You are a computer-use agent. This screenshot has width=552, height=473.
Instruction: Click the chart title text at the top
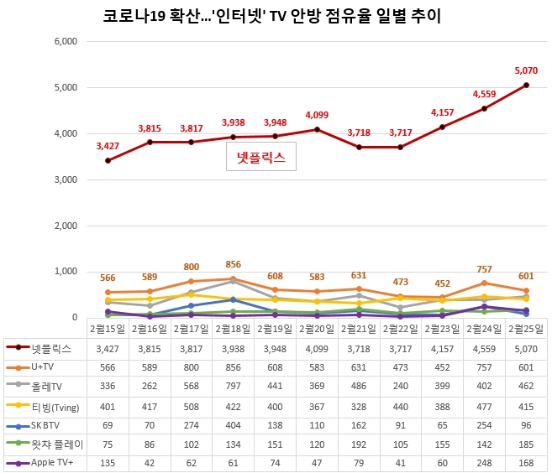pos(276,16)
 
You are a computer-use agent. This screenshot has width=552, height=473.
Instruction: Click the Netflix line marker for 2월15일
pos(108,160)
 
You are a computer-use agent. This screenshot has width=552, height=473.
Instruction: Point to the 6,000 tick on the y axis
pos(66,41)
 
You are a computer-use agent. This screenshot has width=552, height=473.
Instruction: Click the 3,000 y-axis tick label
pos(66,179)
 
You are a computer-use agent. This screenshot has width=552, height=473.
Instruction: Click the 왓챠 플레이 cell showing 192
pos(359,443)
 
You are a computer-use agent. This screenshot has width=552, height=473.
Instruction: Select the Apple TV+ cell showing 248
pos(484,462)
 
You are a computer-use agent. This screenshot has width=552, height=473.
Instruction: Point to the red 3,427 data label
pos(108,146)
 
